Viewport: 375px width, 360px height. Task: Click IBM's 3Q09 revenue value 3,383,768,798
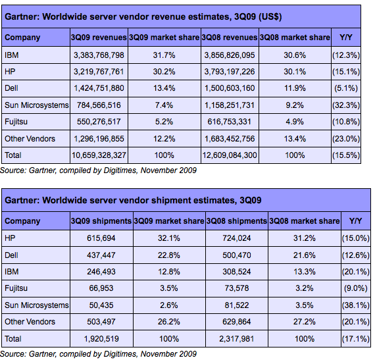99,55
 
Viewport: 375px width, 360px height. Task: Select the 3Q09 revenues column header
99,38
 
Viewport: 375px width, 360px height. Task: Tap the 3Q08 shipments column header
237,220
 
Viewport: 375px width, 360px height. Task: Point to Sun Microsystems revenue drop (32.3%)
346,105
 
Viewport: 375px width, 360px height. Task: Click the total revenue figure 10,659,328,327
99,155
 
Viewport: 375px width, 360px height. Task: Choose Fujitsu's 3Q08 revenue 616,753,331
230,122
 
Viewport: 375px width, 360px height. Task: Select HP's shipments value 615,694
101,238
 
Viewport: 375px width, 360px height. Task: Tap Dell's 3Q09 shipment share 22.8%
168,255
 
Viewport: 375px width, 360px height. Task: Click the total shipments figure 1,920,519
101,339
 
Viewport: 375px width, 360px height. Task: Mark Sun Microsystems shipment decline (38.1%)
356,305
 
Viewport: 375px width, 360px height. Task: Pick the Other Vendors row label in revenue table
30,139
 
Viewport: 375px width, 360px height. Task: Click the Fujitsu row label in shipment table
16,288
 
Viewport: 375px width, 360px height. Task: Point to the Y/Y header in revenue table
346,38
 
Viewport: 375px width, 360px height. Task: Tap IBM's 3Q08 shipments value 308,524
237,272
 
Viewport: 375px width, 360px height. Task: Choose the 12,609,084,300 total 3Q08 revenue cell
230,155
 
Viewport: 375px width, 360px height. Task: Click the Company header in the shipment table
22,221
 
